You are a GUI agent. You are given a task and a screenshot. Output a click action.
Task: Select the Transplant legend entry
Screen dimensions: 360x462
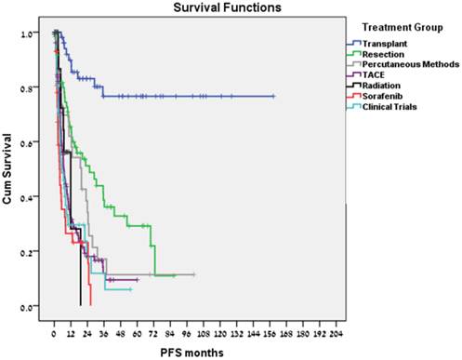click(384, 44)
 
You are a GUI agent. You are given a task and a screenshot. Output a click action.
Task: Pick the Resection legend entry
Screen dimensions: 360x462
click(383, 57)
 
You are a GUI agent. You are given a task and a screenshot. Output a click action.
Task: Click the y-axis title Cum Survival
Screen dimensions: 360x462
click(8, 172)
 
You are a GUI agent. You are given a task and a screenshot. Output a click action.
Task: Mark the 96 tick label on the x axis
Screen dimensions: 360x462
click(186, 331)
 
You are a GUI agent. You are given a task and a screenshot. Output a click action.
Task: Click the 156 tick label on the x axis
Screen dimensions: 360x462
click(269, 331)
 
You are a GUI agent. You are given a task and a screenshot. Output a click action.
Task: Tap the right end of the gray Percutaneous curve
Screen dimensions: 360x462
click(194, 274)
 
